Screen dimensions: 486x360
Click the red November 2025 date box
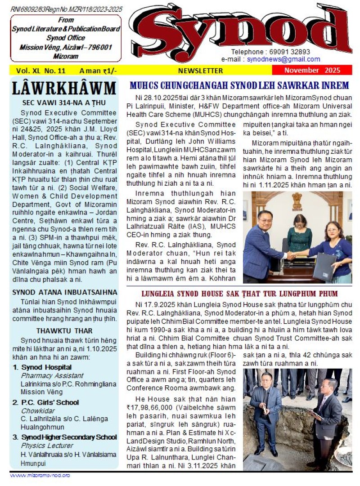point(312,71)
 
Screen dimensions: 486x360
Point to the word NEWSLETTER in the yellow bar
point(200,71)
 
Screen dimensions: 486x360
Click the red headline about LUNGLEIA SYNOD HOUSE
point(239,294)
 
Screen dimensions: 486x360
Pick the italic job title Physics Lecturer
point(47,446)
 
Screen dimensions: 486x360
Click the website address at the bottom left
point(40,475)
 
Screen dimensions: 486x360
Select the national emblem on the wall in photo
point(297,201)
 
